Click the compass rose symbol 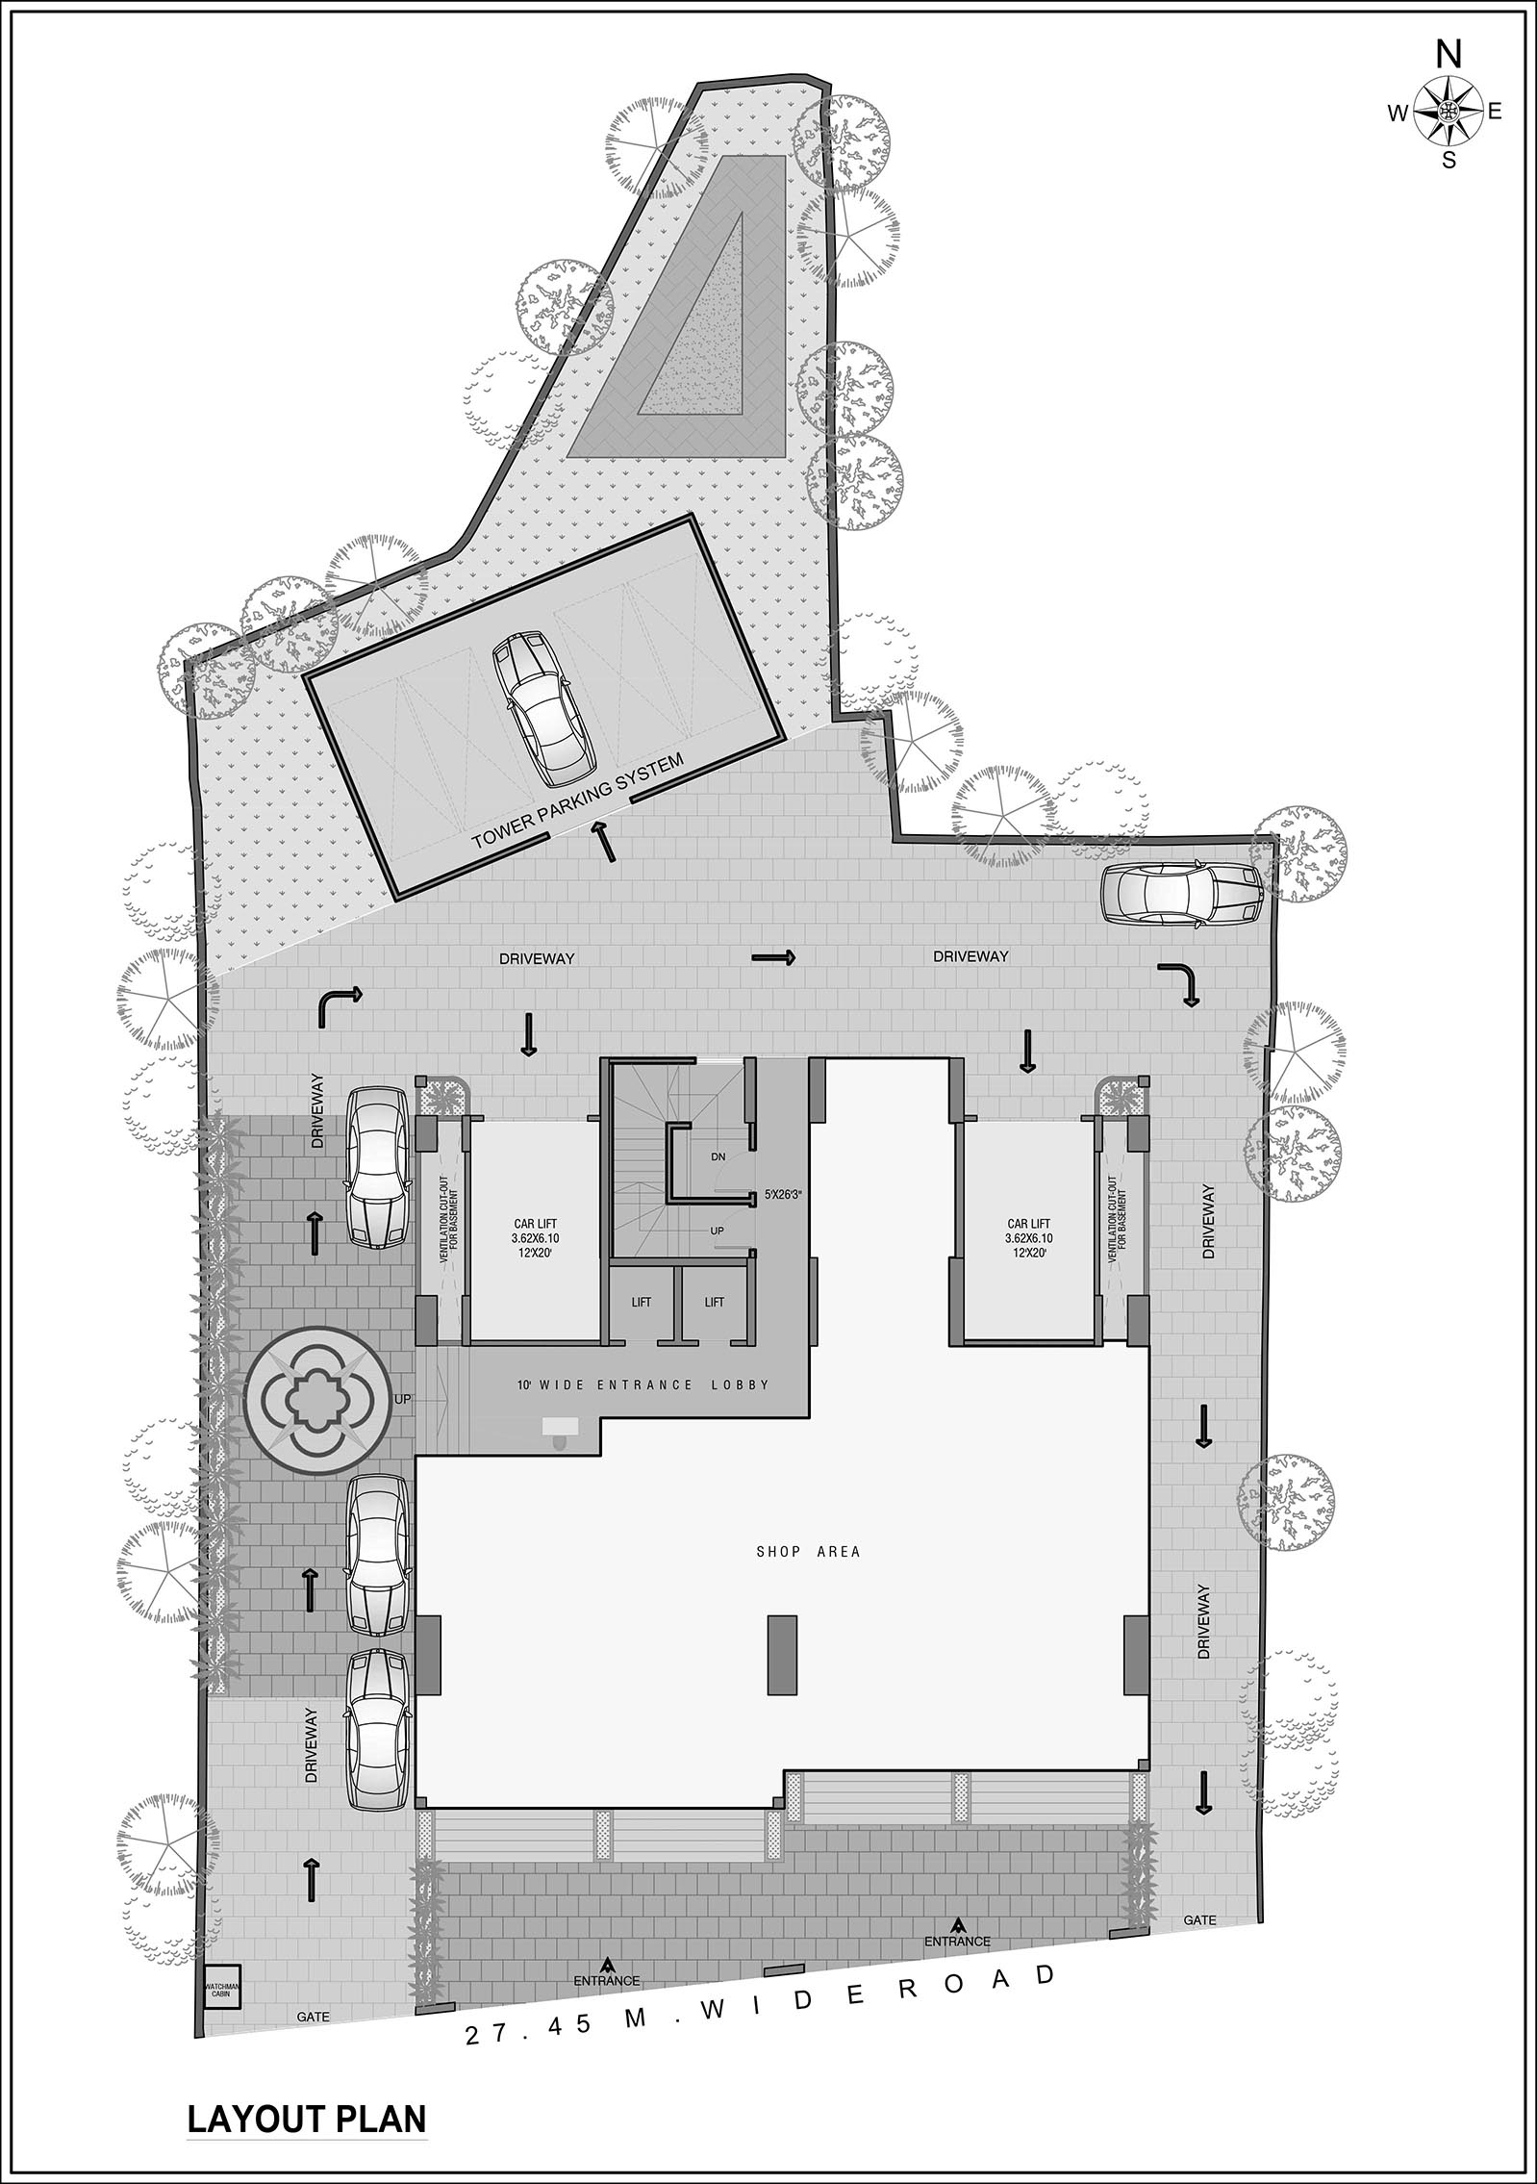[1447, 112]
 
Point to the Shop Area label [808, 1551]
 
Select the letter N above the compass [1448, 56]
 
